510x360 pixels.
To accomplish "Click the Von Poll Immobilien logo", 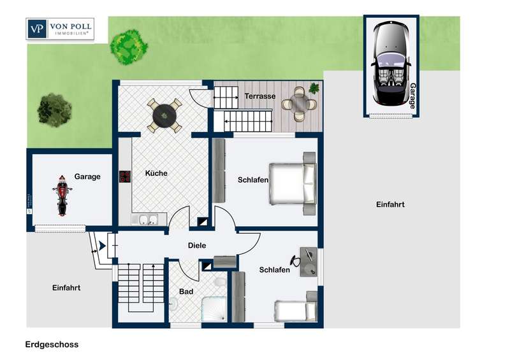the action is tap(60, 29).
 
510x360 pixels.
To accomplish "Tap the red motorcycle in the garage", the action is tap(62, 195).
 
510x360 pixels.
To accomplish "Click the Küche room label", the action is tap(156, 173).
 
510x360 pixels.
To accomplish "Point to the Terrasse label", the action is tap(260, 96).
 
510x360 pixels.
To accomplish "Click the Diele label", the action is tap(197, 245).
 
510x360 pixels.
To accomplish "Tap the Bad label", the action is tap(186, 292).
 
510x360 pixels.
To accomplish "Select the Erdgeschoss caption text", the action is tap(52, 345).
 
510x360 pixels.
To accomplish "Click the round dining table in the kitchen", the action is tap(164, 115).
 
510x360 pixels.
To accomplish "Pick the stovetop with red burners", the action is tap(125, 176).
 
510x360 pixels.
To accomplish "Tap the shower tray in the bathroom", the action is tap(214, 309).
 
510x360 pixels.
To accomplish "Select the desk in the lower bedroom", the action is tap(309, 262).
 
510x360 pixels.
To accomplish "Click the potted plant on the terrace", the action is tap(314, 88).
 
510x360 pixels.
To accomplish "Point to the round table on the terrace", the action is tap(299, 103).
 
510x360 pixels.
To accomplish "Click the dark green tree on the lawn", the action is tap(54, 110).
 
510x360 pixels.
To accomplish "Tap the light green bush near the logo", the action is tap(128, 48).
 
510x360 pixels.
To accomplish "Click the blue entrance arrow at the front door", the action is tap(102, 246).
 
